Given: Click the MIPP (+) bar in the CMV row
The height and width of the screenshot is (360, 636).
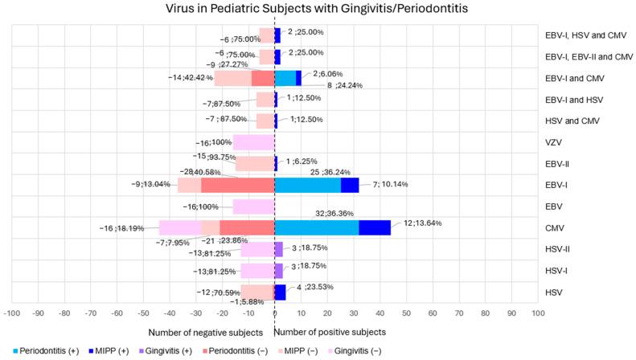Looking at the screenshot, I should click(x=374, y=227).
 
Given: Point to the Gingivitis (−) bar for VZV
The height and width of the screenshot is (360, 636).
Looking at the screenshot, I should click(x=253, y=142).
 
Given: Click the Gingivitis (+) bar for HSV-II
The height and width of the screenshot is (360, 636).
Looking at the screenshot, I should click(x=278, y=249).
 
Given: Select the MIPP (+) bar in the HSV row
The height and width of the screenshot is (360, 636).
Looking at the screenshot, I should click(x=281, y=292).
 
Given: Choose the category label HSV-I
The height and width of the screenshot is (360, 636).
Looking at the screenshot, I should click(x=558, y=271).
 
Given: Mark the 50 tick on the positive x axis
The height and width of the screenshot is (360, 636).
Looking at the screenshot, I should click(x=406, y=316).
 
